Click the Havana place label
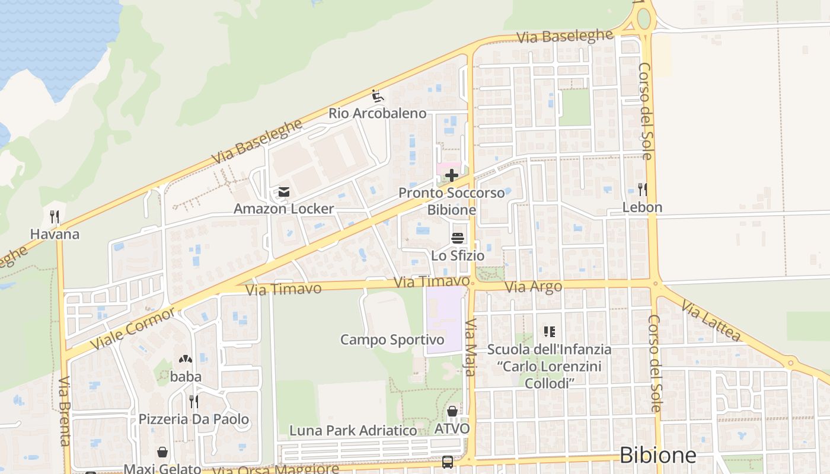(55, 234)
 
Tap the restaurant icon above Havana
(55, 217)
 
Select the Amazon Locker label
(283, 209)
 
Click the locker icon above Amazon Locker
(283, 192)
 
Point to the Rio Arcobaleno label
(378, 113)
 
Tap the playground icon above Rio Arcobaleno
(377, 95)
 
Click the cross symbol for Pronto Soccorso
(452, 175)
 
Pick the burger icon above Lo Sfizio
(458, 238)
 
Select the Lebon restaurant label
(642, 207)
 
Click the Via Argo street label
(533, 287)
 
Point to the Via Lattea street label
(711, 321)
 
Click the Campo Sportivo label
(392, 340)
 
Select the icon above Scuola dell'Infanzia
(549, 332)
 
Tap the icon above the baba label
(186, 359)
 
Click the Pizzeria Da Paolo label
(194, 419)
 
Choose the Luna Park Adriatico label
(353, 431)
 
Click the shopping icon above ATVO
(452, 411)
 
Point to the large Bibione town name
(657, 455)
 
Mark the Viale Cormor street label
(133, 329)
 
